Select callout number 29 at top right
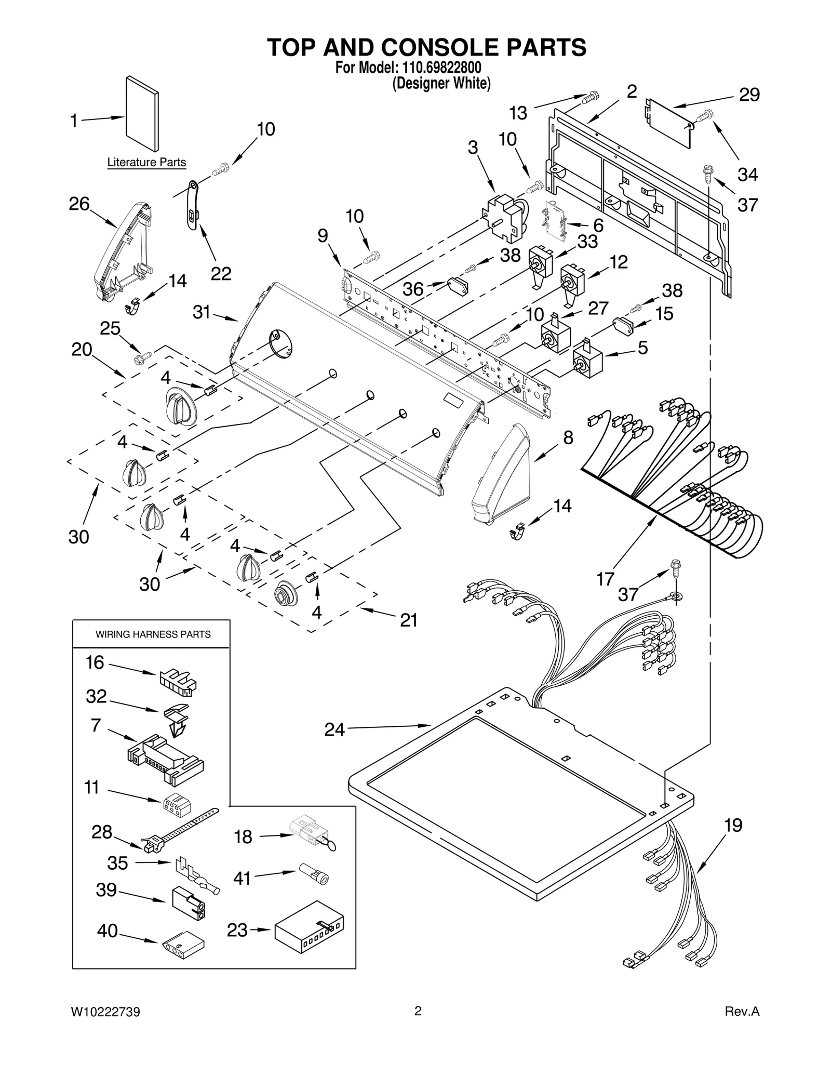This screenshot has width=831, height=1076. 749,95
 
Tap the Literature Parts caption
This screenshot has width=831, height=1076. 146,163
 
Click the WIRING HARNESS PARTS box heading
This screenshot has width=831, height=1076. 153,634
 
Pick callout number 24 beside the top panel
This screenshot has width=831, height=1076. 334,729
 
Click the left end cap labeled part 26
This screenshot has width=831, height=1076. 122,249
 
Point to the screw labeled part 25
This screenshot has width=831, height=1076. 142,357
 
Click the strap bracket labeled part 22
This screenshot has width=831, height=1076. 193,204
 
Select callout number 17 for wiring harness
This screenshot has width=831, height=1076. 606,578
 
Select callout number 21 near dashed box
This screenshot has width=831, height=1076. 409,619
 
